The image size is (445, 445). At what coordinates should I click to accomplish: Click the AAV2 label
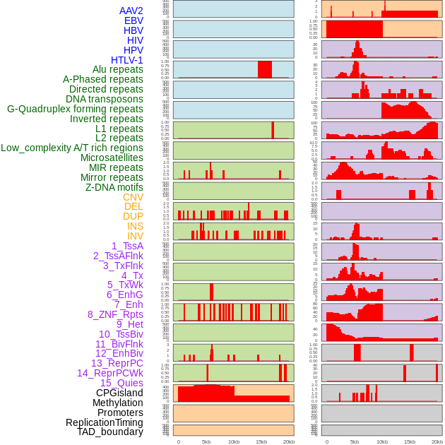(x=131, y=11)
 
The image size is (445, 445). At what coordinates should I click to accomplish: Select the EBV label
(x=133, y=20)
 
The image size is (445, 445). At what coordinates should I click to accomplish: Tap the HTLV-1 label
(x=126, y=60)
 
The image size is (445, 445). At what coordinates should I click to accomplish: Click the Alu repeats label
(x=117, y=69)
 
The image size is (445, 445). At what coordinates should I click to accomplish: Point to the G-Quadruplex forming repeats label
(x=75, y=109)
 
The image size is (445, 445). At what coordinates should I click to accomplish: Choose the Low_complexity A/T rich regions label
(x=72, y=148)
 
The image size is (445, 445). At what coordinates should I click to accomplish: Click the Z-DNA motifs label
(x=114, y=187)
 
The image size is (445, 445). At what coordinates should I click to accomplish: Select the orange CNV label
(x=133, y=197)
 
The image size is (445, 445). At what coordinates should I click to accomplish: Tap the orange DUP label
(x=133, y=216)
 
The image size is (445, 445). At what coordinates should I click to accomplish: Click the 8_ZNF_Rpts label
(x=115, y=314)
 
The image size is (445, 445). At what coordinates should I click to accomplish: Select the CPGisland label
(x=119, y=393)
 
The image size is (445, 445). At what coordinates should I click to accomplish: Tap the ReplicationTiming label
(x=104, y=422)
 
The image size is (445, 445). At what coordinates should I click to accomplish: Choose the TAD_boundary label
(x=110, y=432)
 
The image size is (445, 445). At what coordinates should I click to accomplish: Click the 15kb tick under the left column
(x=261, y=441)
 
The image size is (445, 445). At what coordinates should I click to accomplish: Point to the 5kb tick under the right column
(x=355, y=441)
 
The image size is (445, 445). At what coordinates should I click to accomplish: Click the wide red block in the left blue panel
(x=265, y=69)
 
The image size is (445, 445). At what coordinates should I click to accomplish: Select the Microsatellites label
(x=112, y=158)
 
